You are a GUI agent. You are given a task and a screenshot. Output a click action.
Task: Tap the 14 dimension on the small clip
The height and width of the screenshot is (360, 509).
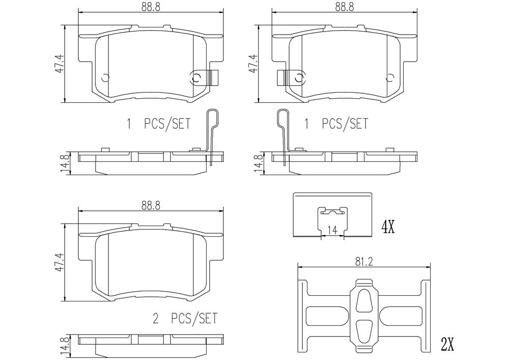point(332,230)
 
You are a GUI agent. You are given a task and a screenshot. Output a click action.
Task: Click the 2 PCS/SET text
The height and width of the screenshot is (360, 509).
point(185,318)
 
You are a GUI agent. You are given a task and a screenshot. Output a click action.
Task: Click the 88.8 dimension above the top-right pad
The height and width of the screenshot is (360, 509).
point(345,7)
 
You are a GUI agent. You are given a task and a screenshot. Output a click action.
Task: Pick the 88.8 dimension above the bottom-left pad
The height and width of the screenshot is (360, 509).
point(151,206)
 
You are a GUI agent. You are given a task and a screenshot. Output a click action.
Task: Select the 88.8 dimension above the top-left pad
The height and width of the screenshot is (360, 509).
point(151,7)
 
